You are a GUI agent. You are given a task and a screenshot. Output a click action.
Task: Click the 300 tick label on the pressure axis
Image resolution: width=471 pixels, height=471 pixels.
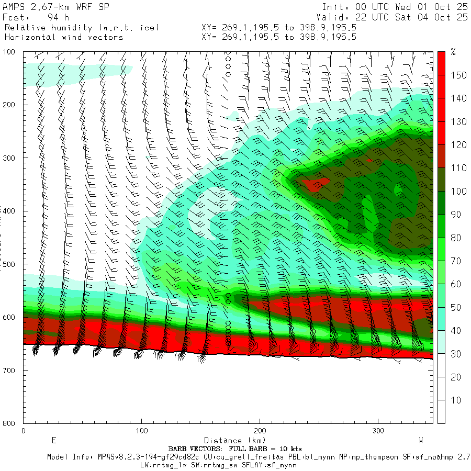[x=10, y=158]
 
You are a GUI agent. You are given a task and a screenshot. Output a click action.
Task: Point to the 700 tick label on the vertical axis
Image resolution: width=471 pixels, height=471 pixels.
[x=10, y=370]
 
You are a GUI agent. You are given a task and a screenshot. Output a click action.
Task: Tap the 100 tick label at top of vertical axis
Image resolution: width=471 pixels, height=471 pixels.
[x=10, y=52]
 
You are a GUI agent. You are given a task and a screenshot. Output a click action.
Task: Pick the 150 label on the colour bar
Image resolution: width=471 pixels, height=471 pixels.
[x=459, y=75]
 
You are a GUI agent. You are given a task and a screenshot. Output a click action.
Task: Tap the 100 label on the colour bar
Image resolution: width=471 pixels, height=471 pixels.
[x=459, y=192]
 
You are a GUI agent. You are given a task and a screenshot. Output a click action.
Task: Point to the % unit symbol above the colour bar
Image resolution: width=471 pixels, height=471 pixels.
[x=453, y=52]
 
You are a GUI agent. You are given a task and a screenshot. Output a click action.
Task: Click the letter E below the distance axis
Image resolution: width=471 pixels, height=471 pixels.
[x=53, y=440]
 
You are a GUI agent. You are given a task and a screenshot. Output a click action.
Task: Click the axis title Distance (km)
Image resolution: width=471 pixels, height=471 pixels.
[x=230, y=441]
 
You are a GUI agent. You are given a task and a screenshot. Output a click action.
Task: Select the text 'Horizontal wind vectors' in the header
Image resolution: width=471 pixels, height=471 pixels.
[x=64, y=37]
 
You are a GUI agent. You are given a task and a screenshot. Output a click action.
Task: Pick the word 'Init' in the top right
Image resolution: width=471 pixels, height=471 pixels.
[x=334, y=7]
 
